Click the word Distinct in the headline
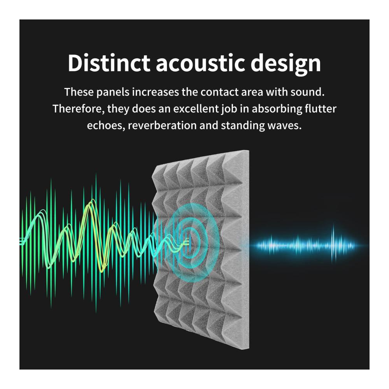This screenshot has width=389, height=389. [109, 63]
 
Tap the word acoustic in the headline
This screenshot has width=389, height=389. [200, 63]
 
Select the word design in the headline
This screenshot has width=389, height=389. [286, 64]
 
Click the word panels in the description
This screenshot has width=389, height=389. [113, 92]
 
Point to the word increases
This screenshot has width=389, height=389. [155, 92]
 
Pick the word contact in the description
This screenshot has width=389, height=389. [219, 92]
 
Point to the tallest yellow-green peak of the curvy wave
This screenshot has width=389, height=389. [92, 200]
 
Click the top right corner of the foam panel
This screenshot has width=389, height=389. [249, 150]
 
